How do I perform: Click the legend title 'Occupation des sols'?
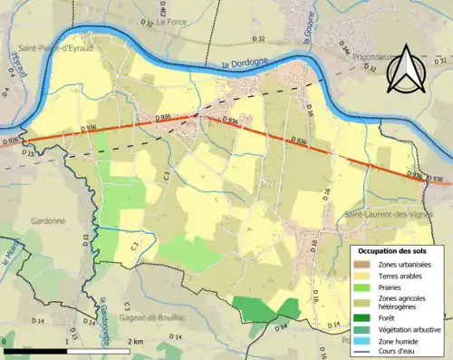[396, 250]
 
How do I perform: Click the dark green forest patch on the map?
[263, 309]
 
